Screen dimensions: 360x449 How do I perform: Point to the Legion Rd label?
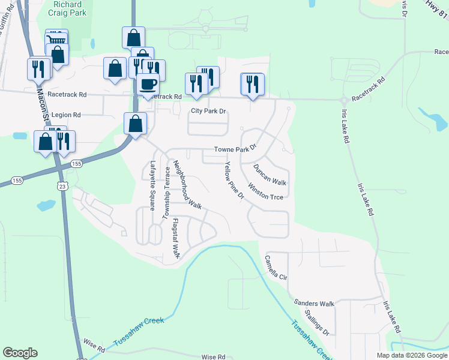(66, 114)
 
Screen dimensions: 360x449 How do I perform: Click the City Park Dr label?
(208, 111)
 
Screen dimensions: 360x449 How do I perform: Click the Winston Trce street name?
(265, 191)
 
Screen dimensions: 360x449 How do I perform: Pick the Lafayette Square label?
(152, 186)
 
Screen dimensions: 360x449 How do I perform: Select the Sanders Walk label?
(314, 304)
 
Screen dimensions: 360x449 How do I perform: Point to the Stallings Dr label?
(316, 322)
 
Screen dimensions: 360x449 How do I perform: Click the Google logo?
(20, 352)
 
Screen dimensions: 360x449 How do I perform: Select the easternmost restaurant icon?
(252, 84)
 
